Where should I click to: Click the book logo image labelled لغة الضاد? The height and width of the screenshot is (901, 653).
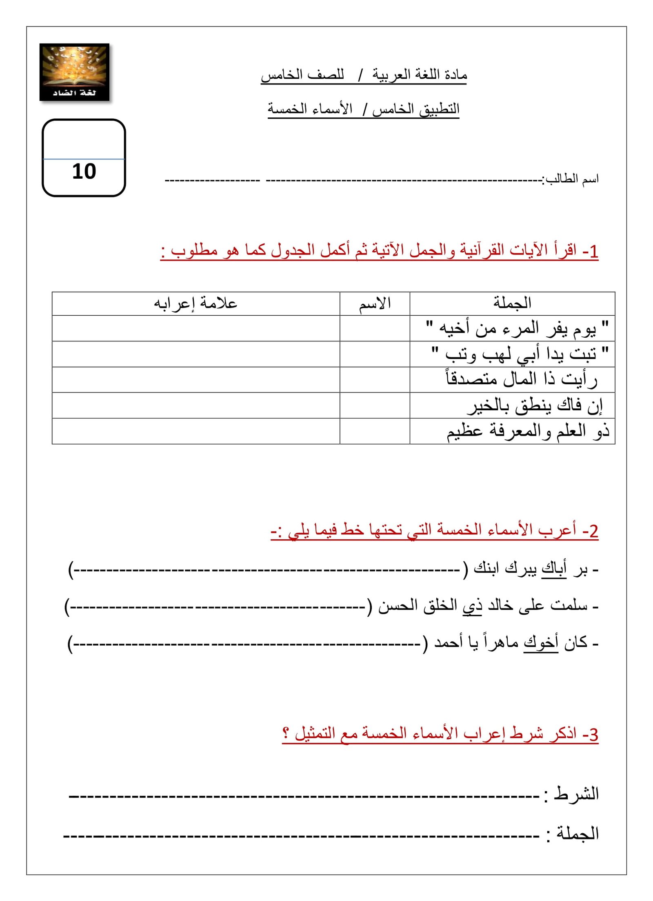pyautogui.click(x=74, y=72)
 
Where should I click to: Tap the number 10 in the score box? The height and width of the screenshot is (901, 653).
pyautogui.click(x=84, y=171)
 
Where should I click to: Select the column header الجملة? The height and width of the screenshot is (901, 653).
pyautogui.click(x=512, y=303)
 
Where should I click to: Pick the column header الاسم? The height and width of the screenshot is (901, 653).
pyautogui.click(x=375, y=303)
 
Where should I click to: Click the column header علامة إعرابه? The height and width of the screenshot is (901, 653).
pyautogui.click(x=195, y=303)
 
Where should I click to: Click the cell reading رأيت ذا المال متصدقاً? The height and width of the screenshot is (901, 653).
pyautogui.click(x=522, y=379)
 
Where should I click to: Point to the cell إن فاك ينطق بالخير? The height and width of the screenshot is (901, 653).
pyautogui.click(x=535, y=405)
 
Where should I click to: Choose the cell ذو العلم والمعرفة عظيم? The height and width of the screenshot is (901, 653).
pyautogui.click(x=528, y=431)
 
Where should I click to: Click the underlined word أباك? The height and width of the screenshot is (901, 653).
pyautogui.click(x=554, y=568)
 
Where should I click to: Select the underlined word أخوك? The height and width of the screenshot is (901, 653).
pyautogui.click(x=541, y=643)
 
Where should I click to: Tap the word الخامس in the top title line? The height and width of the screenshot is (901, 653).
pyautogui.click(x=282, y=75)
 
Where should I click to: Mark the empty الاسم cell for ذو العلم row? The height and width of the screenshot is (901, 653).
pyautogui.click(x=375, y=431)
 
